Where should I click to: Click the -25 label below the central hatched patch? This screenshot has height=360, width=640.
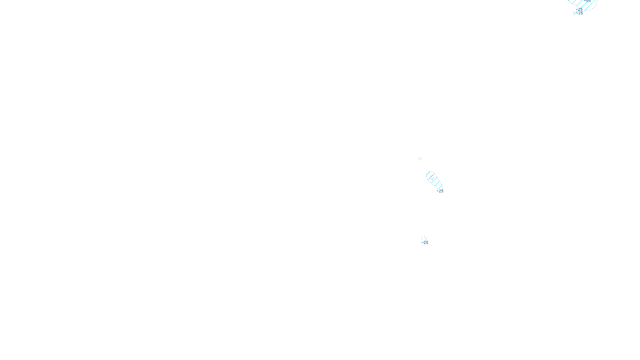pos(440,191)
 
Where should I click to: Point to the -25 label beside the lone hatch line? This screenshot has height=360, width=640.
pos(425,243)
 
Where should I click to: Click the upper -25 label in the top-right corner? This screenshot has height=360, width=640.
pos(580,9)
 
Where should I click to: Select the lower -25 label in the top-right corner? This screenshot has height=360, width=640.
pos(580,13)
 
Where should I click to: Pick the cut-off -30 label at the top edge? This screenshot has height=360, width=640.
pos(588,1)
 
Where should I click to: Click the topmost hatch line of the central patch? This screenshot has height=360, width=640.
pos(428,173)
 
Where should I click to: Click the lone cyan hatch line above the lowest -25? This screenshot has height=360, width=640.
pos(424,240)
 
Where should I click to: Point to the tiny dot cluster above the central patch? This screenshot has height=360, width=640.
pos(420,158)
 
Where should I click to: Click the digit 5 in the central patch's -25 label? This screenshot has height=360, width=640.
pos(442,191)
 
